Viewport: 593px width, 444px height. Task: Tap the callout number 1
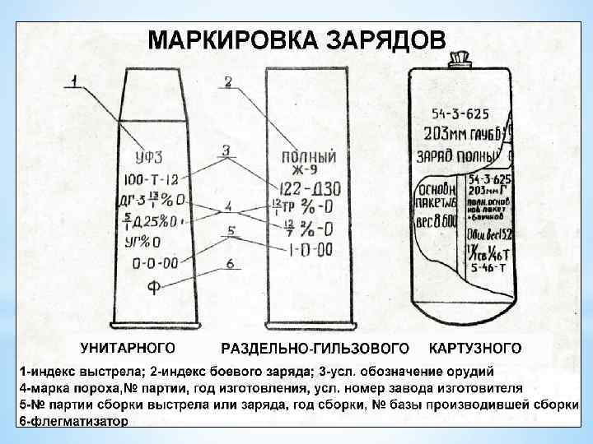coord(74,81)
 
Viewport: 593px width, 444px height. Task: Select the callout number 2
coord(228,81)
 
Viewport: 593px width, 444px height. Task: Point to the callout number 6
coord(231,264)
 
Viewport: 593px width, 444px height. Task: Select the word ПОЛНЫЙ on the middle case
coord(309,156)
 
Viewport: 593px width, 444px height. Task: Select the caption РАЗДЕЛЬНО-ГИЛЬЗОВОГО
coord(315,347)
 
